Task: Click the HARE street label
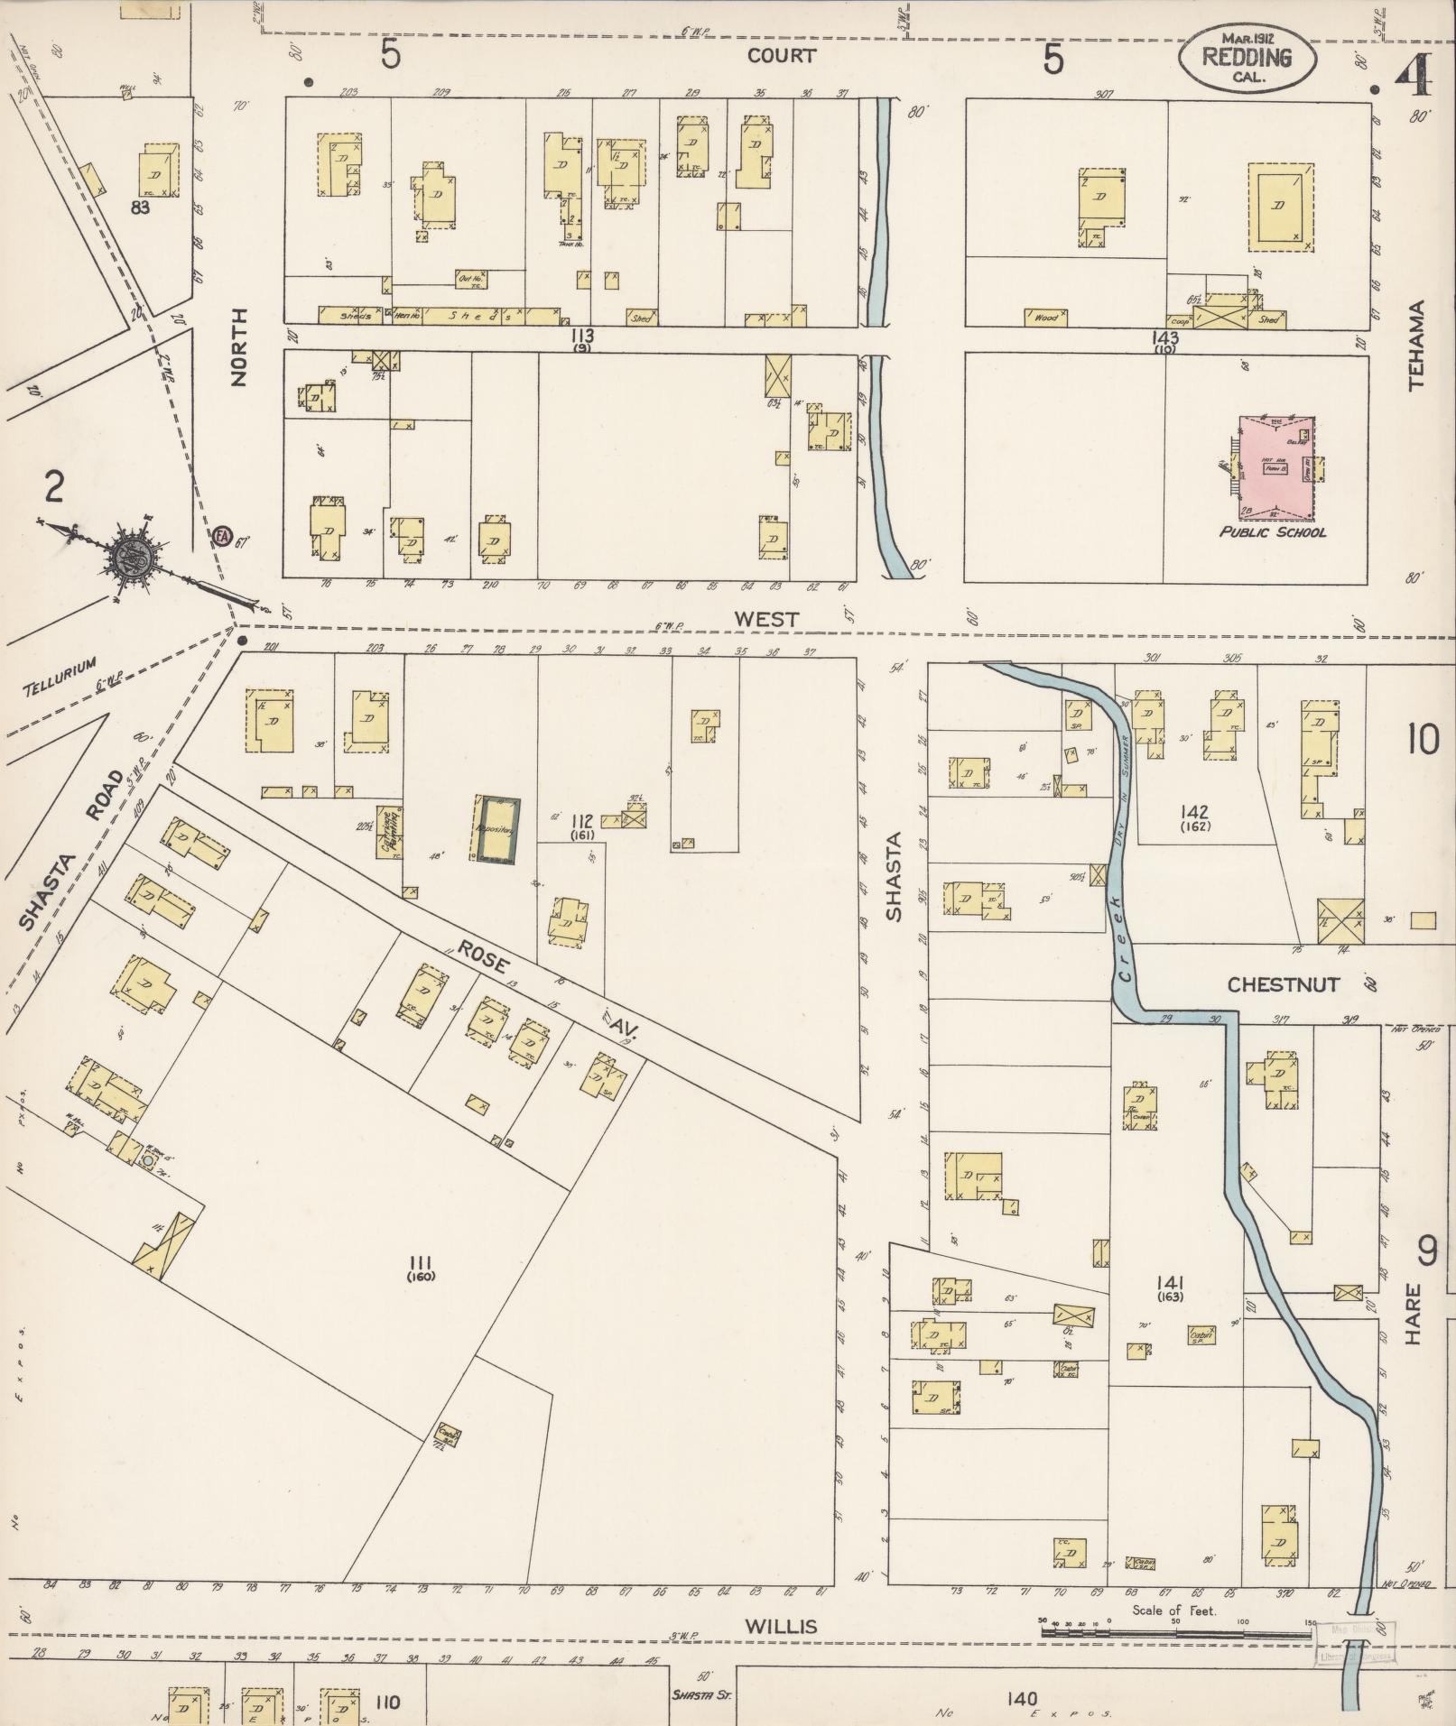(x=1413, y=1315)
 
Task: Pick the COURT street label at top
(x=781, y=56)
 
